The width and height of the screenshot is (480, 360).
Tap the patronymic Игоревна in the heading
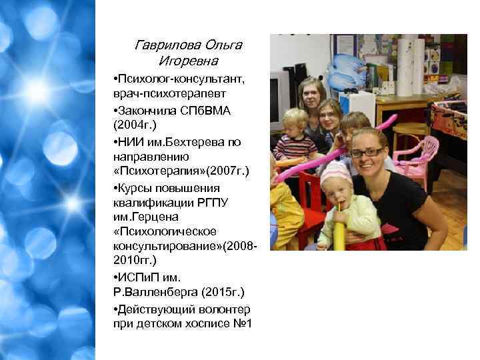[x=188, y=61]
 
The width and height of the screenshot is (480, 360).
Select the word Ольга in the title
[x=224, y=46]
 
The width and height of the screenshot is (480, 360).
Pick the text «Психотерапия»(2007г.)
[x=180, y=171]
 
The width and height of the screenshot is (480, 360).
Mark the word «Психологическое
[x=165, y=231]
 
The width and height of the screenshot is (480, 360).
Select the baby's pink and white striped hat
[x=336, y=175]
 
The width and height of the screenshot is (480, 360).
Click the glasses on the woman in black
[x=367, y=153]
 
